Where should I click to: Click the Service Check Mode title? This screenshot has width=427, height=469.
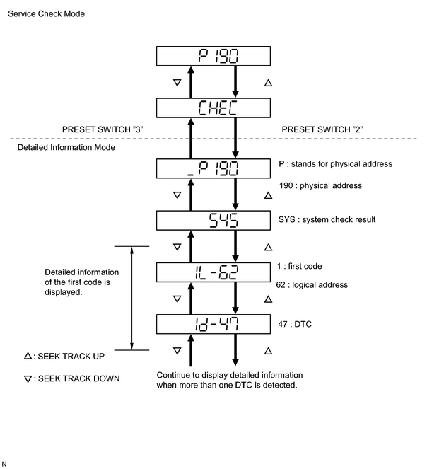[47, 13]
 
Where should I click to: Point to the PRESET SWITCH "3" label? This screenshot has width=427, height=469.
[103, 129]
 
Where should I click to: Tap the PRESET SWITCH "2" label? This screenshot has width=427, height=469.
[322, 129]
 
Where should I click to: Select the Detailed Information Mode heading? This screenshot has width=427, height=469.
[66, 147]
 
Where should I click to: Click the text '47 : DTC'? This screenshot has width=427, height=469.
[295, 324]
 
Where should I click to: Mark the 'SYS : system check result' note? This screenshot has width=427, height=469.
[327, 219]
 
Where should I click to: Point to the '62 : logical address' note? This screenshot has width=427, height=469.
[312, 285]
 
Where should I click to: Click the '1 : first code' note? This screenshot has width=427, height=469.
[299, 266]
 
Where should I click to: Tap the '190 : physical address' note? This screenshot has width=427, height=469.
[320, 186]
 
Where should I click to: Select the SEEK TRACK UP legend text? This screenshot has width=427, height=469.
[71, 357]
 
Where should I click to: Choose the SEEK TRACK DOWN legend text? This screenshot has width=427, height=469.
[79, 378]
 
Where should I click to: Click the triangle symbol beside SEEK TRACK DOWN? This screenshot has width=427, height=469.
[28, 379]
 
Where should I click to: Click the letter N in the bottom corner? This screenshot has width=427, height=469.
[4, 464]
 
